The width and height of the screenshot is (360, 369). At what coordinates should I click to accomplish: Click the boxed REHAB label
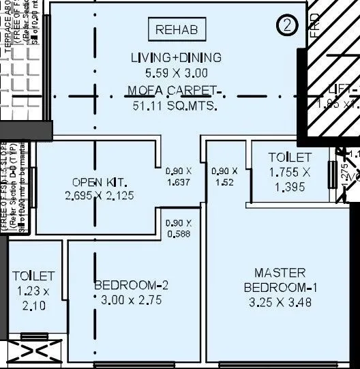pos(177,29)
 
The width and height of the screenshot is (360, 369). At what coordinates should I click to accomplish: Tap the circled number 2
pos(288,25)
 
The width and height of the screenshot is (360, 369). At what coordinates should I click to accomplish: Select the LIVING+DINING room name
pos(177,58)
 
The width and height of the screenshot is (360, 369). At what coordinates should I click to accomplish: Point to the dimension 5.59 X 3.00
pos(177,73)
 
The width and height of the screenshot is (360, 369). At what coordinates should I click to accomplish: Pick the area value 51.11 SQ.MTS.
pos(177,106)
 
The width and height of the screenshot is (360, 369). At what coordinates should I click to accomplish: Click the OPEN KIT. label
pos(97,183)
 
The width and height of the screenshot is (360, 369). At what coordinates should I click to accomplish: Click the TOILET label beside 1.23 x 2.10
pos(33,276)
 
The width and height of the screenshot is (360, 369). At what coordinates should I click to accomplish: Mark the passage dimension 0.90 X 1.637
pos(179,177)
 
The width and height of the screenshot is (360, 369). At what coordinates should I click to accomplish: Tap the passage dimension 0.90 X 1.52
pos(224,177)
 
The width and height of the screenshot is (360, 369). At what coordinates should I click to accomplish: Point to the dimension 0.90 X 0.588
pos(179,228)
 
